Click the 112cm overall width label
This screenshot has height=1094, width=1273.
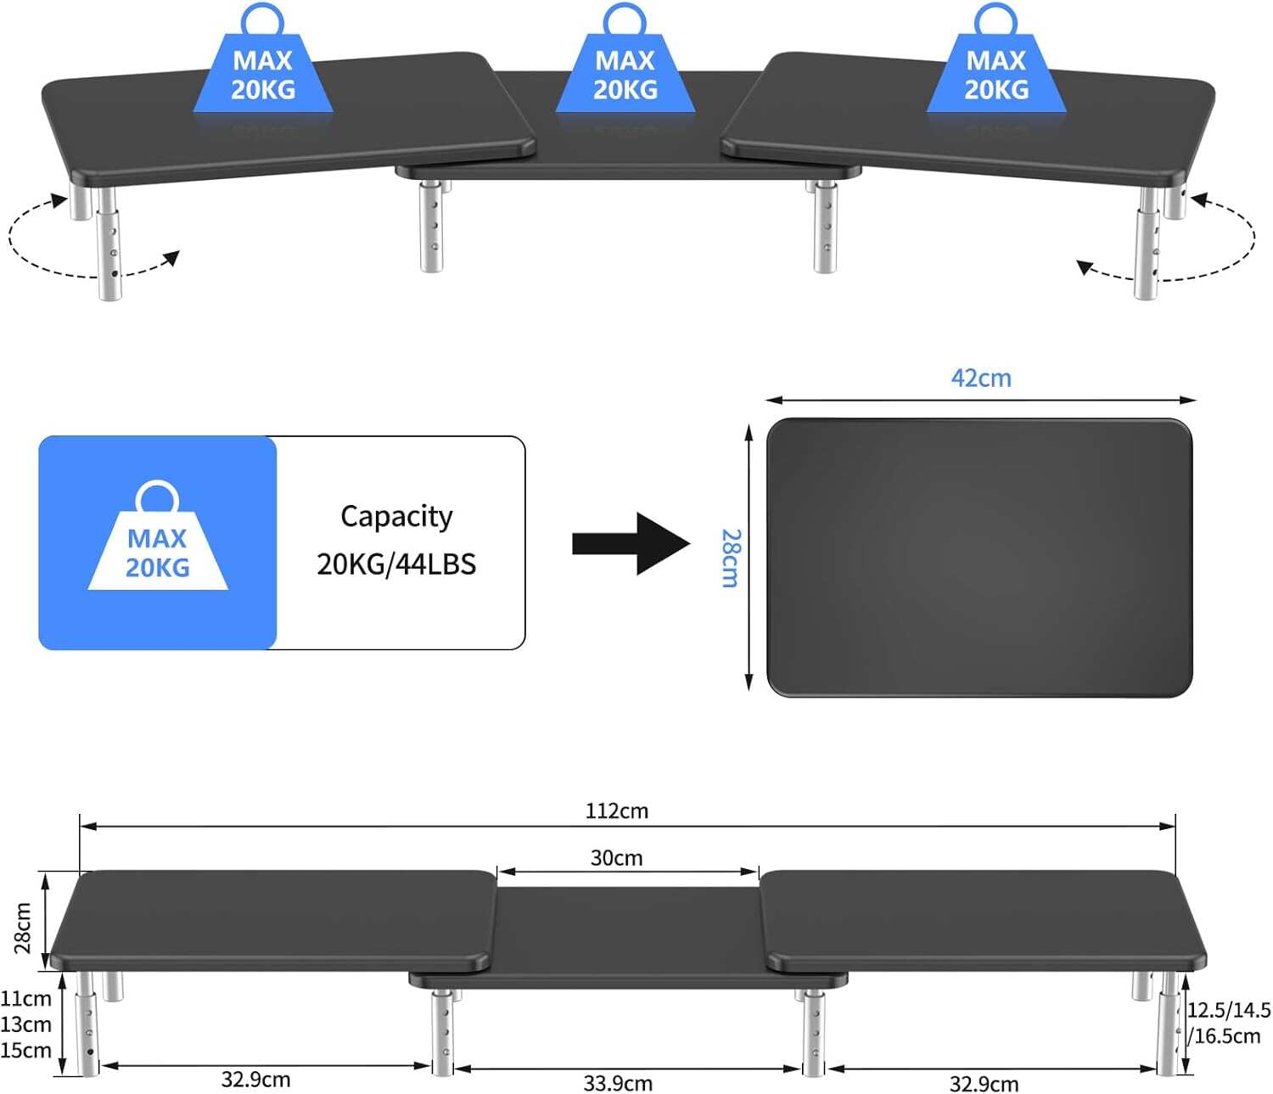616,811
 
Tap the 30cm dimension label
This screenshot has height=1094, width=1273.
616,858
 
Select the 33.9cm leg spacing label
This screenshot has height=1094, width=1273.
617,1083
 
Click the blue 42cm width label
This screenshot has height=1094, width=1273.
981,378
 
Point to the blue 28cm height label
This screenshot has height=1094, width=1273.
730,558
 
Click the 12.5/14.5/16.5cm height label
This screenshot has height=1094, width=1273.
1227,1023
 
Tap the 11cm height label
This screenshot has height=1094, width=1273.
25,999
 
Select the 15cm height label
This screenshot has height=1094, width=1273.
25,1051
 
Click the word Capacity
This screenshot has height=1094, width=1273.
396,517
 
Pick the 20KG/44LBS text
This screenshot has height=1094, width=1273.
396,564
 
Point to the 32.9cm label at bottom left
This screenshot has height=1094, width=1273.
255,1080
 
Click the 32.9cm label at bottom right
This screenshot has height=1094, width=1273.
984,1084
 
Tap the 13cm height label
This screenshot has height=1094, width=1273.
25,1024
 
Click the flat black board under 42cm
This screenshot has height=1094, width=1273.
979,558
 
